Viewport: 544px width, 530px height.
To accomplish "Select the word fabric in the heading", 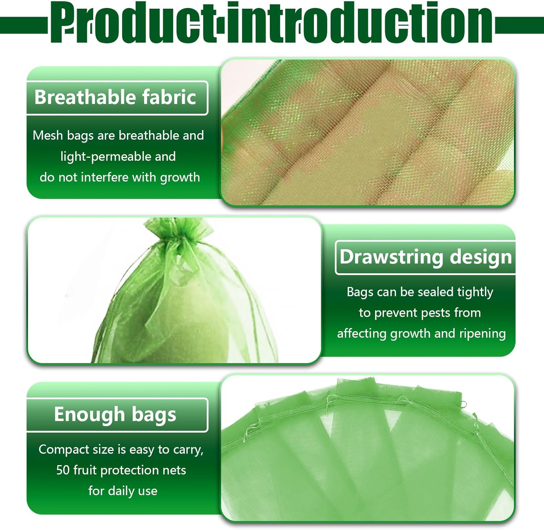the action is pos(169,97).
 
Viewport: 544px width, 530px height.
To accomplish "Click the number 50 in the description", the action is pos(63,470).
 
